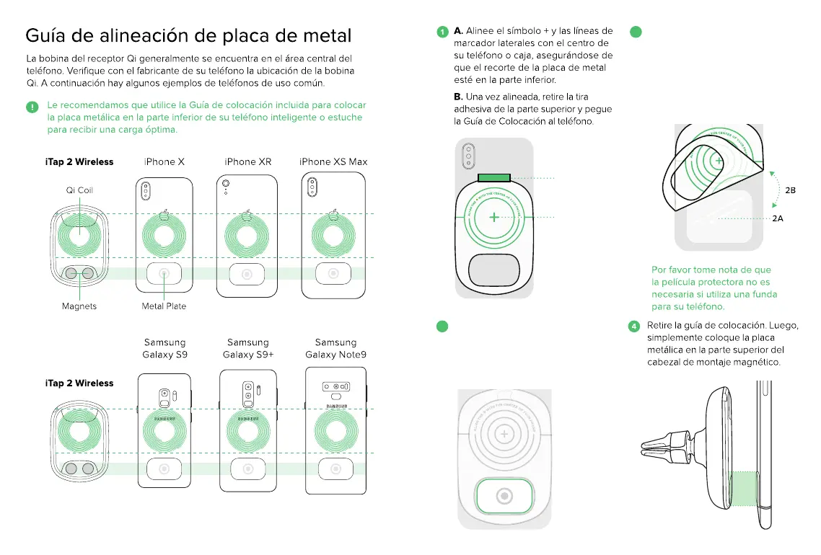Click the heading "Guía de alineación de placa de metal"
coord(188,35)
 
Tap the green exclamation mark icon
coord(32,107)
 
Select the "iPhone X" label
coord(164,161)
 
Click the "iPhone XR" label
coord(247,161)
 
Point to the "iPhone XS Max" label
coord(333,161)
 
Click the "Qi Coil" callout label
coord(79,190)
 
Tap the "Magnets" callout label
coord(79,306)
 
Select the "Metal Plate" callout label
coord(164,306)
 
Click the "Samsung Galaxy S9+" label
coord(247,348)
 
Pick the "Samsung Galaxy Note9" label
coord(335,348)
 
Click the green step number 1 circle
coord(442,32)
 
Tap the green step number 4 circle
coord(634,326)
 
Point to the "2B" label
coord(790,190)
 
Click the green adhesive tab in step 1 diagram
coord(493,178)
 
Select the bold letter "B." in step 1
coord(458,97)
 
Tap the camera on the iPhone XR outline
coord(226,185)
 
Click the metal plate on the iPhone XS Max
coord(333,274)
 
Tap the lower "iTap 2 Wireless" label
coord(79,383)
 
